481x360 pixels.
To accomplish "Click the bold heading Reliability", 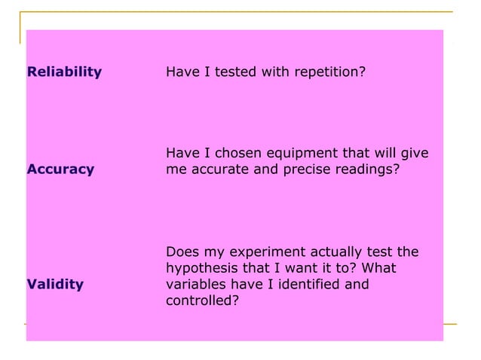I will coord(64,72).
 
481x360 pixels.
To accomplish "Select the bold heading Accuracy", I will coord(60,169).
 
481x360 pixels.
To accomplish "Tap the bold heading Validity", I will coord(55,285).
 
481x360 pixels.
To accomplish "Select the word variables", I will coord(195,285).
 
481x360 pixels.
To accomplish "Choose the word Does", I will coord(181,252).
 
